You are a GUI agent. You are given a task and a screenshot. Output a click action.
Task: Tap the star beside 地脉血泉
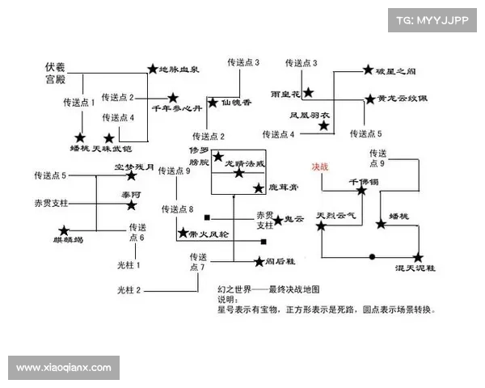[152, 70]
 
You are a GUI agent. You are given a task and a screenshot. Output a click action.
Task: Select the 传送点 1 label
[79, 103]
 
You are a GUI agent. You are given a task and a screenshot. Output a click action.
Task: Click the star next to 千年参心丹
[171, 98]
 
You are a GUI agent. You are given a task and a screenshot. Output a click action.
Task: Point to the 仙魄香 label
[236, 103]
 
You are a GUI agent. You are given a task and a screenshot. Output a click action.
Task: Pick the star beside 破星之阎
[368, 71]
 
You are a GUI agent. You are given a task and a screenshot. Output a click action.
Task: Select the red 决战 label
[321, 167]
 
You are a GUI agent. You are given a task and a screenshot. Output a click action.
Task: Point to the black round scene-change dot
[372, 257]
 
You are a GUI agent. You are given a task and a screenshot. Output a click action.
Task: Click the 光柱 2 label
[129, 289]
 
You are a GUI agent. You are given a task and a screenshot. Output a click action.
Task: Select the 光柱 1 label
[129, 264]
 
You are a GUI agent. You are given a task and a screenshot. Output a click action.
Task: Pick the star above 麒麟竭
[64, 230]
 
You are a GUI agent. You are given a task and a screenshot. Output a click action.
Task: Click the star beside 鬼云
[277, 219]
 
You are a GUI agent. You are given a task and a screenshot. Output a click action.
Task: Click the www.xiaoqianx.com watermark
[64, 368]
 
